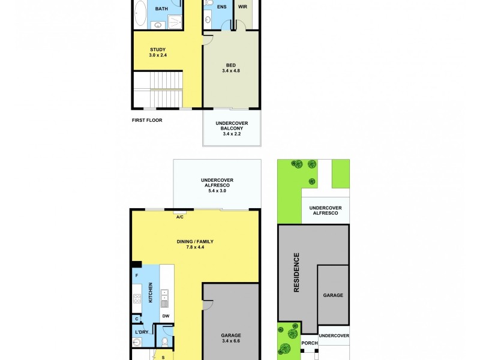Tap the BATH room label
coord(161,9)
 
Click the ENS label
coord(221,7)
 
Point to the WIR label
coord(242,7)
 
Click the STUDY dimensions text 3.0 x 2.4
coord(157,56)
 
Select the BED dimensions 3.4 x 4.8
coord(232,70)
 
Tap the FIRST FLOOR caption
coord(147,120)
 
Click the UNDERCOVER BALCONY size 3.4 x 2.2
coord(232,134)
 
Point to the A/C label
coord(179,217)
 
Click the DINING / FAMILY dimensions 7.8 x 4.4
coord(194,248)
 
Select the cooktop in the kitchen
coord(137,298)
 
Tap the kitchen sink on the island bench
coord(164,298)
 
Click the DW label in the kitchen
coord(166,317)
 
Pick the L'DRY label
coord(141,332)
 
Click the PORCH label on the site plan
coord(309,343)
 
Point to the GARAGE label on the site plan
coord(333,295)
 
